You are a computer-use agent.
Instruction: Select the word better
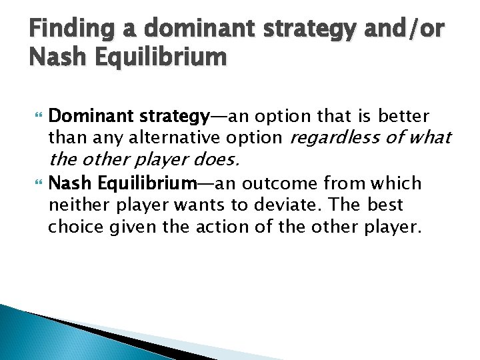(x=404, y=117)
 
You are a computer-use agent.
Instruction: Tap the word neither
(x=73, y=204)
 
